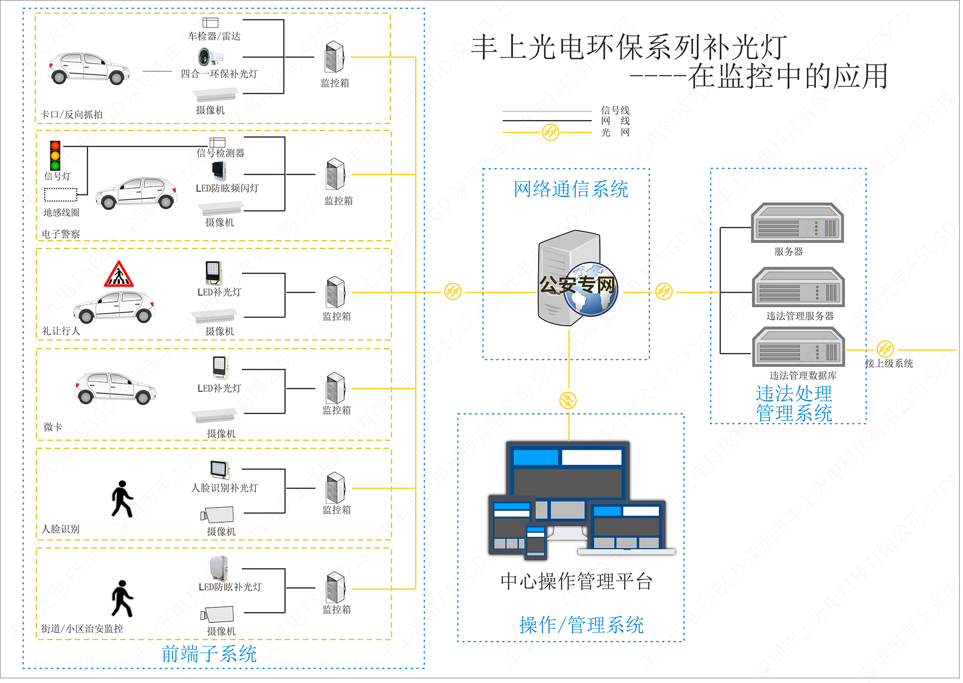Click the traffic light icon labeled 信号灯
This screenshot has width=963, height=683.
[55, 156]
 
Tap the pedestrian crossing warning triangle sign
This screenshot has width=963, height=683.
[119, 275]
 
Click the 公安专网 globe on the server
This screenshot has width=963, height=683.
[591, 289]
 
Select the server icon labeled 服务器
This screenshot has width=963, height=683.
[797, 223]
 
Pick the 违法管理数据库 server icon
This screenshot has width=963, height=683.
[798, 347]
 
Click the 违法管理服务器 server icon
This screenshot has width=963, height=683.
[798, 287]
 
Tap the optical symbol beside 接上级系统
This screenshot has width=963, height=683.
[885, 349]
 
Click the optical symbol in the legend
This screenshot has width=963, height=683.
[550, 132]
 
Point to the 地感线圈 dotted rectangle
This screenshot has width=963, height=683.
[61, 194]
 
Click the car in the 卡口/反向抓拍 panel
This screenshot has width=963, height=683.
[88, 68]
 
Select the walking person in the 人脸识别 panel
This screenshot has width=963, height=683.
[122, 499]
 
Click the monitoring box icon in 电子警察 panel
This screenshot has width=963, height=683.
[335, 174]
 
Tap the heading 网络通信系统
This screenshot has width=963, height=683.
[571, 189]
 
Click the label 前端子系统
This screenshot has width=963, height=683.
[209, 654]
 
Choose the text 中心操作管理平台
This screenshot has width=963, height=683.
[576, 582]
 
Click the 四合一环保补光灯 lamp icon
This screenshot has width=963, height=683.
[204, 57]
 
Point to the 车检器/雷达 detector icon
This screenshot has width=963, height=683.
[210, 23]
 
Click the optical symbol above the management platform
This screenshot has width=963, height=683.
[568, 400]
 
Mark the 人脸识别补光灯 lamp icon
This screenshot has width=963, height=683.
[220, 470]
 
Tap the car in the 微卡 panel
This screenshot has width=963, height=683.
[115, 388]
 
